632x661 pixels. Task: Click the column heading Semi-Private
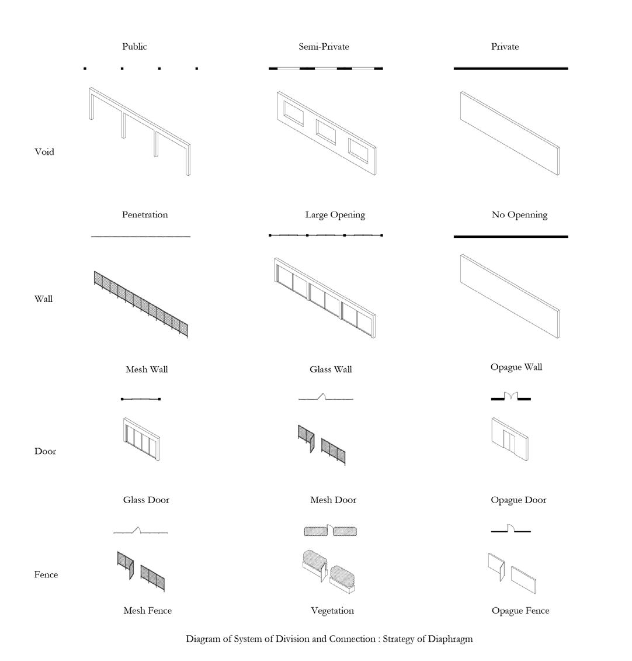coord(324,47)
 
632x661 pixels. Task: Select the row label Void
coord(44,152)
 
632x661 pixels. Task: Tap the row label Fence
coord(46,575)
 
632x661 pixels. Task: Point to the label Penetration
coord(145,214)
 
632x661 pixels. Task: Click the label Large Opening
coord(335,214)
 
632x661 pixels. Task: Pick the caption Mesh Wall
coord(147,369)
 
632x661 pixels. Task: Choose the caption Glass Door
coord(146,500)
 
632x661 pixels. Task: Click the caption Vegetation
coord(332,611)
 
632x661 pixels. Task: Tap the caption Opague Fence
coord(520,611)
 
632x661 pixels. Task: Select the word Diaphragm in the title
coord(450,639)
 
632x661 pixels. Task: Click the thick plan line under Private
coord(511,68)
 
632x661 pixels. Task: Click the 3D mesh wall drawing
coord(141,304)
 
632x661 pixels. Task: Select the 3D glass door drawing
coord(142,439)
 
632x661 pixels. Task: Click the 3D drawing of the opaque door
coord(510,439)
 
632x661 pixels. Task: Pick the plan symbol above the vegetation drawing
coord(330,531)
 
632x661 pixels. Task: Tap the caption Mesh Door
coord(333,500)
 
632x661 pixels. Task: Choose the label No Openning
coord(519,214)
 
